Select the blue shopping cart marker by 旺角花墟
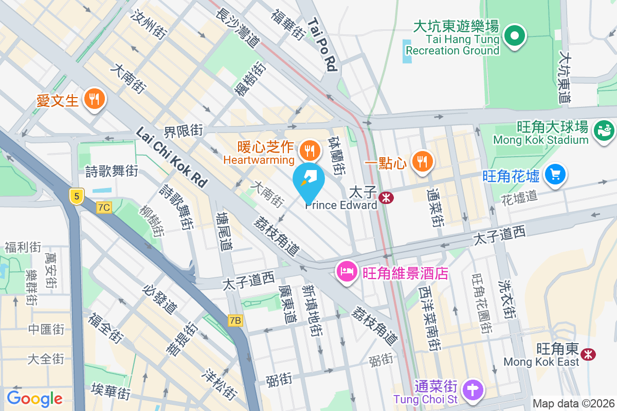(x=555, y=175)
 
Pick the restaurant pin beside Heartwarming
(x=309, y=151)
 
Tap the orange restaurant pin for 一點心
(x=423, y=161)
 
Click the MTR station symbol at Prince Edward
(x=384, y=197)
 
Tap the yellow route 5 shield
(x=77, y=196)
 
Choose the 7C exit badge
(x=104, y=207)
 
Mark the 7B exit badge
(x=235, y=321)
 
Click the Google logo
(x=34, y=398)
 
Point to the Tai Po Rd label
(x=323, y=45)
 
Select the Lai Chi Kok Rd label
(x=171, y=157)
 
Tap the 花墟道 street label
(x=519, y=196)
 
